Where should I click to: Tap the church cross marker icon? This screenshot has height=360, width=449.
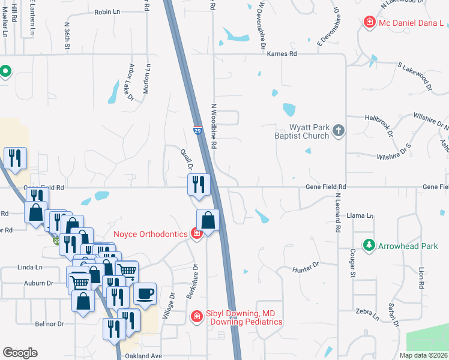click(339, 131)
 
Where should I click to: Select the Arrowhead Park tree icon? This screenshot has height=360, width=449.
click(369, 245)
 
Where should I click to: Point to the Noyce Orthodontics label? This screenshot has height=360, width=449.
click(151, 234)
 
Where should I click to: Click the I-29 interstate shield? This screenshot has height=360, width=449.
click(197, 130)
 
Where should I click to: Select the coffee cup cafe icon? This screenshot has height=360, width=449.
click(145, 294)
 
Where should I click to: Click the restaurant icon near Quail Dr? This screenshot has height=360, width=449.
click(198, 184)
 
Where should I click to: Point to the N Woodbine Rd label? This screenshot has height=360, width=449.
click(213, 126)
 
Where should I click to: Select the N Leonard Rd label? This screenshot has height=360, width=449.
click(338, 212)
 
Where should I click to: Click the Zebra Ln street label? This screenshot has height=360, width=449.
click(367, 314)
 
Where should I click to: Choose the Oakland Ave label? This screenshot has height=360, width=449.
click(143, 356)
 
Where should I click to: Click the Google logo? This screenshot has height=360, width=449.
click(20, 353)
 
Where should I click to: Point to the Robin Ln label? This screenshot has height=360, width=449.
click(107, 11)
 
